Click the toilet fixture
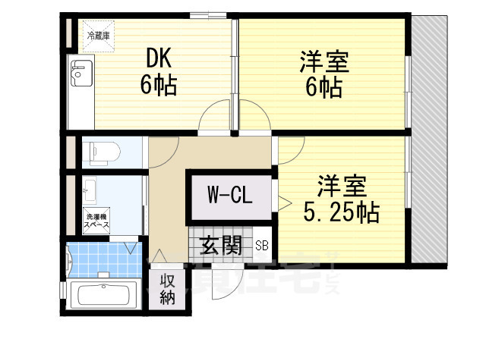tap(99, 152)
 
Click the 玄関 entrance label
tap(221, 245)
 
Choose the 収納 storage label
tap(168, 287)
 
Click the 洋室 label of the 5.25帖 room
tap(342, 184)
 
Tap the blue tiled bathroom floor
tap(103, 259)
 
